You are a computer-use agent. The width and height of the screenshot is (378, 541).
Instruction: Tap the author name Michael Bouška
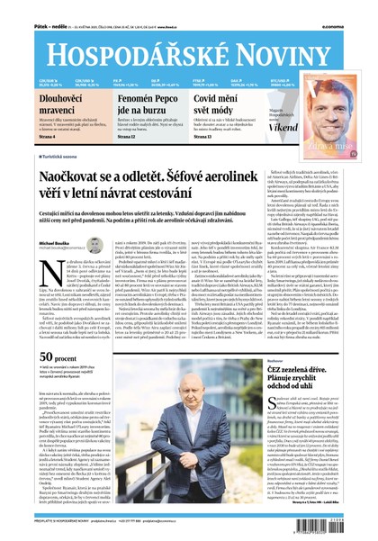[x=31, y=242]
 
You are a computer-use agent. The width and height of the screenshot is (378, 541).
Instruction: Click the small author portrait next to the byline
[x=68, y=244]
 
